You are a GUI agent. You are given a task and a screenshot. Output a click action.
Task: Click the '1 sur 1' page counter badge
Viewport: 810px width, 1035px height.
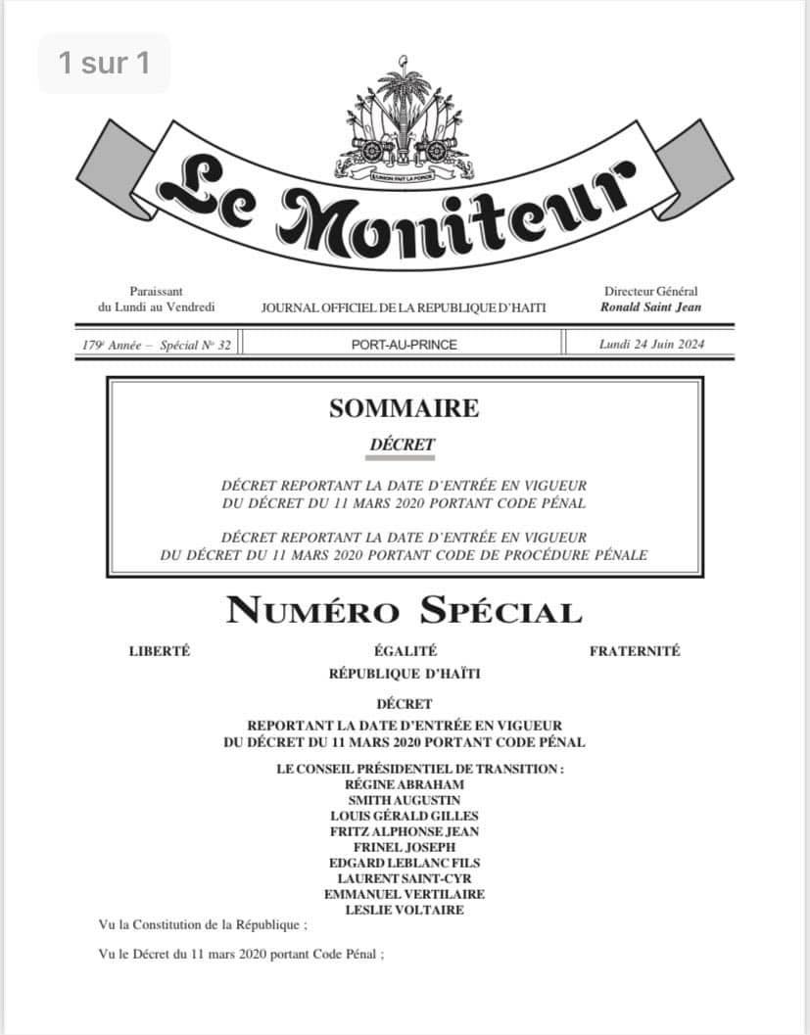pos(104,64)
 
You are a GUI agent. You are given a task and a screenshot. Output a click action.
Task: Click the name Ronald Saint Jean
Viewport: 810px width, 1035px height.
pos(651,306)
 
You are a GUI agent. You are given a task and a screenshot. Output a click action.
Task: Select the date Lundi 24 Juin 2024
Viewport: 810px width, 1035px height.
pos(651,344)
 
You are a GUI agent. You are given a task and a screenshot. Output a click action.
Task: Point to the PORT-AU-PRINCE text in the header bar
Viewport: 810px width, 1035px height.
pos(404,344)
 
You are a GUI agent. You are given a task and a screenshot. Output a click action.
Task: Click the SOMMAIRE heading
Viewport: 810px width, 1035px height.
pos(404,408)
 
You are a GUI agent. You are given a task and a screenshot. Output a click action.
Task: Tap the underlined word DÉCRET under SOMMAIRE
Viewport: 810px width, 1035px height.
pos(403,445)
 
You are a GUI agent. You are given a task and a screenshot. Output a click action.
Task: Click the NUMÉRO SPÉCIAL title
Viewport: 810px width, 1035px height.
pos(404,612)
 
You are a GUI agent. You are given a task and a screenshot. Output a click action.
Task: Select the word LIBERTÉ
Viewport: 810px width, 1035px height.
pos(160,651)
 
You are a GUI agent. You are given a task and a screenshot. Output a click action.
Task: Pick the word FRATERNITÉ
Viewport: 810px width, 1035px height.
pos(635,651)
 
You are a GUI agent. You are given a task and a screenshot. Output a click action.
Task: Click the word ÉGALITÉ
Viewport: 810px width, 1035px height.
pos(405,651)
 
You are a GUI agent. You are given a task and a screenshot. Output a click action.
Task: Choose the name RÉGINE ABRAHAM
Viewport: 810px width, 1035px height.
pos(405,784)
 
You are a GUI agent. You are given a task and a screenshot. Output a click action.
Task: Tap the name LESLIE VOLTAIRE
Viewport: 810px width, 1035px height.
pos(405,910)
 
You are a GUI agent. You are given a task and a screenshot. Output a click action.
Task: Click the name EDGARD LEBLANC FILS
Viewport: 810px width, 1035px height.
pos(405,863)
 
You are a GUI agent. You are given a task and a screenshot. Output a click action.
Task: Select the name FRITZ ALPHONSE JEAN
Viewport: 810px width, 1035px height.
pos(405,831)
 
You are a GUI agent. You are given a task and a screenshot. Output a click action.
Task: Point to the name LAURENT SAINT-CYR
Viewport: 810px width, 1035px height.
pos(405,878)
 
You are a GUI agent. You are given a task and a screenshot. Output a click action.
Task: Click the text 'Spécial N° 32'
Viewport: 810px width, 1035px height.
pos(193,344)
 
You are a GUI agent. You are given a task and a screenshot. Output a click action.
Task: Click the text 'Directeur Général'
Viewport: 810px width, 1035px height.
pos(651,291)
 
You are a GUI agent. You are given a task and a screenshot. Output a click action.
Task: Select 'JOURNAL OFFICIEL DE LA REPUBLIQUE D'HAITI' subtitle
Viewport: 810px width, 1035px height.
pos(404,307)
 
